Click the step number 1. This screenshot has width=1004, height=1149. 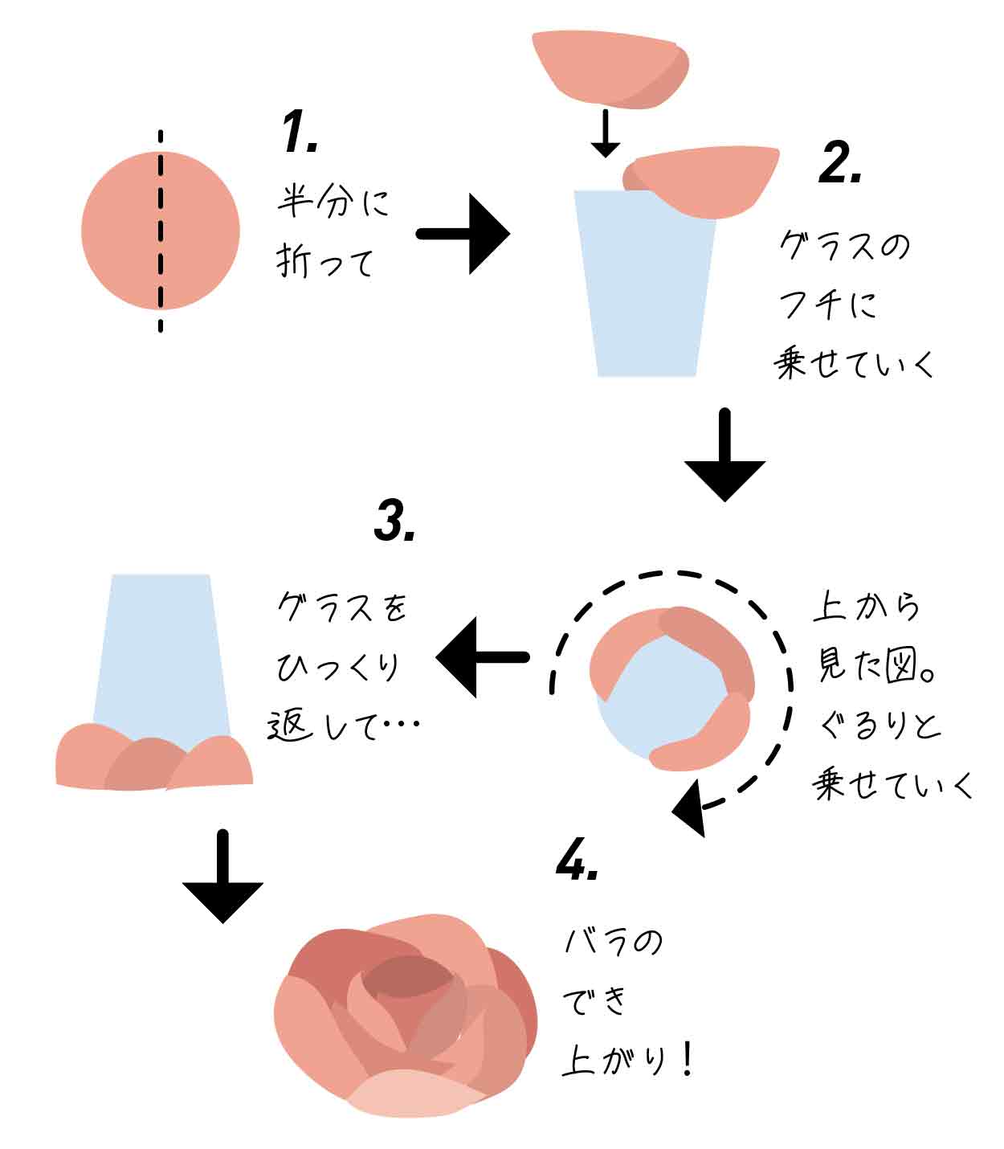click(x=300, y=133)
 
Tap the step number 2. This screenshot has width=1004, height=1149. click(x=840, y=165)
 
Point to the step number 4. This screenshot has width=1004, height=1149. click(x=577, y=861)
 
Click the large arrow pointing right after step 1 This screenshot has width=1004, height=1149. click(x=464, y=234)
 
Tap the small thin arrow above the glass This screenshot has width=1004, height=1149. click(x=606, y=133)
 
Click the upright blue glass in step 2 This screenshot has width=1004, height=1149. click(x=646, y=289)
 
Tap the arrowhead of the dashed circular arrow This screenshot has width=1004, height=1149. click(x=689, y=810)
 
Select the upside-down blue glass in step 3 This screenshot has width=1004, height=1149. click(x=161, y=651)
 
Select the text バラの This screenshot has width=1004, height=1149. click(x=613, y=942)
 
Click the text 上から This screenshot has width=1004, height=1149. click(x=866, y=606)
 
